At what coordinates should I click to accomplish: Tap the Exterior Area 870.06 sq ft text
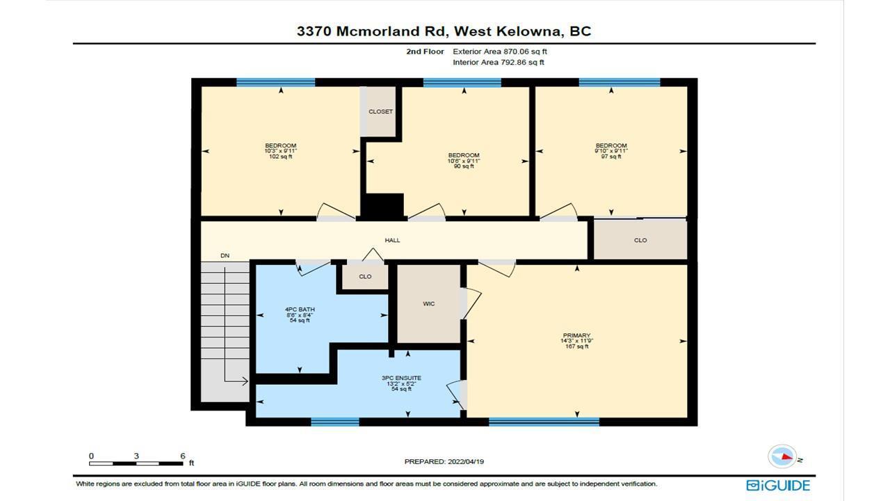click(x=500, y=51)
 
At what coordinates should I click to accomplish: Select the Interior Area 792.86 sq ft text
click(x=499, y=62)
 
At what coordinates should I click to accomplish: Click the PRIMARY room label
click(x=576, y=335)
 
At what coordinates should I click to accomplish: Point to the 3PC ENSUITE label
click(x=401, y=378)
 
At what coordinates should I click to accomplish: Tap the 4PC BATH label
click(x=300, y=309)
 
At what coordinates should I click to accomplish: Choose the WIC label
click(x=429, y=304)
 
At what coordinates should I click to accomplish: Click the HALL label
click(x=392, y=240)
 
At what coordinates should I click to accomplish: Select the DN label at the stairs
click(x=225, y=255)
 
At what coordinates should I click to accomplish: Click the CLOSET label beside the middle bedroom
click(x=380, y=112)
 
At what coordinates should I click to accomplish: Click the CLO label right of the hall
click(x=640, y=240)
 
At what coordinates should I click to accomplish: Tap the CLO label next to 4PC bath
click(x=365, y=276)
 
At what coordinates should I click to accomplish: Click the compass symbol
click(x=782, y=456)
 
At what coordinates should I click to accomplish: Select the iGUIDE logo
click(x=778, y=486)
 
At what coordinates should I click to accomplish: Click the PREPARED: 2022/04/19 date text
click(x=444, y=461)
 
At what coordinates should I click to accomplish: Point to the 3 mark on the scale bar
click(x=136, y=456)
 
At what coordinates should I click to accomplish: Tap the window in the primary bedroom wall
click(x=544, y=422)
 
